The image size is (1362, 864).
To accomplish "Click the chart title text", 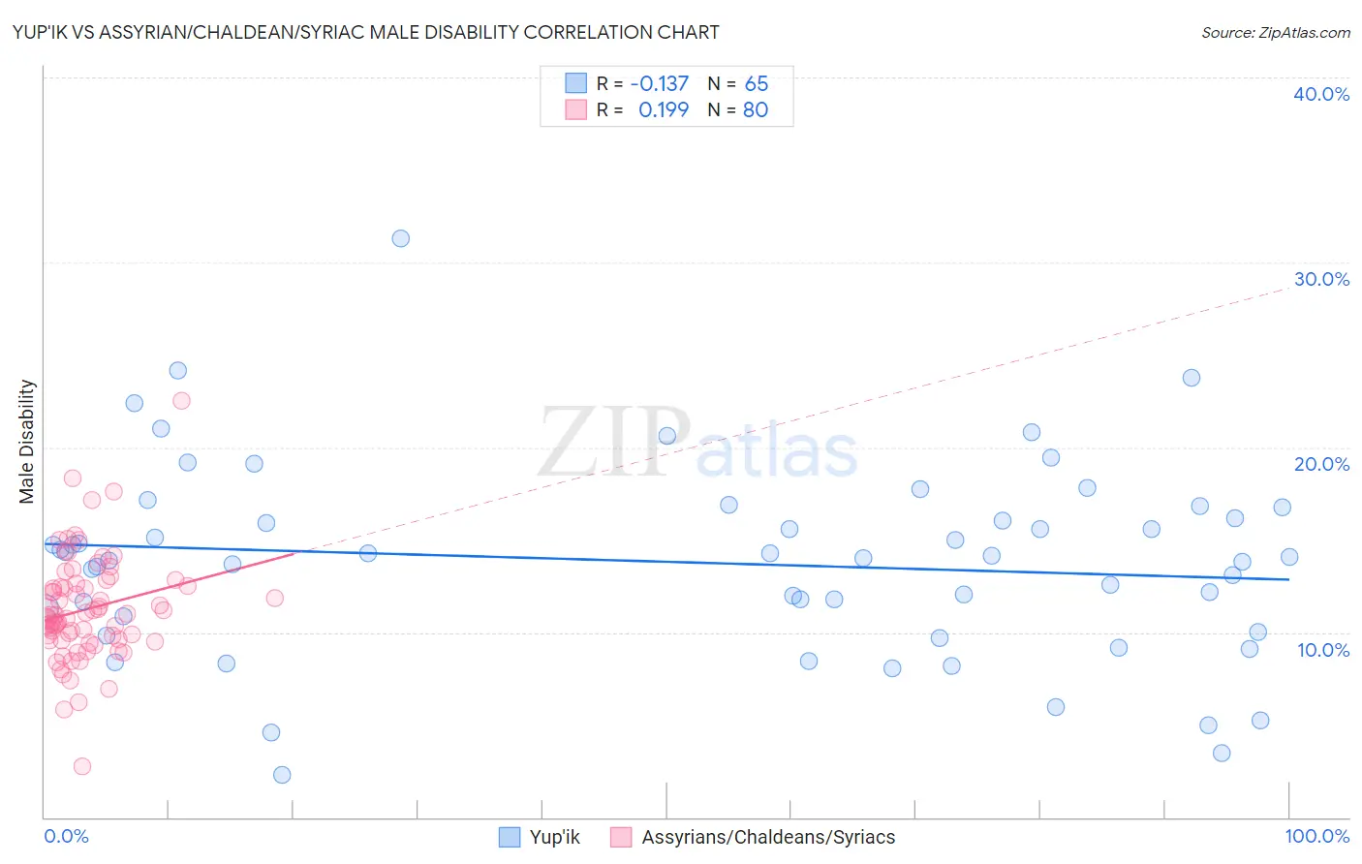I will click(x=365, y=32).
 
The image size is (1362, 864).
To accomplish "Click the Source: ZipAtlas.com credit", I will click(x=1275, y=32).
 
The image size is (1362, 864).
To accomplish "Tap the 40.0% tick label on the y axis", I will click(x=1320, y=94).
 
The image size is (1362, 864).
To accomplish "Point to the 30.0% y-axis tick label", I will click(x=1320, y=279).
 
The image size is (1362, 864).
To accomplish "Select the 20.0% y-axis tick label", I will click(x=1320, y=464).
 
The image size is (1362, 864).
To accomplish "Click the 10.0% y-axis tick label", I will click(x=1322, y=650).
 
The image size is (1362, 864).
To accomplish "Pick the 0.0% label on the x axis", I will click(x=66, y=836).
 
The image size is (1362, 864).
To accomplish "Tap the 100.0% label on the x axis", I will click(x=1316, y=836).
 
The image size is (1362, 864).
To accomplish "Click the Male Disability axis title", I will click(x=27, y=441).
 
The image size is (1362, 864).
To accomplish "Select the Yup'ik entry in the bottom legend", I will click(x=554, y=837).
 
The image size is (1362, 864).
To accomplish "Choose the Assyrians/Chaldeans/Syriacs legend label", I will click(x=768, y=837).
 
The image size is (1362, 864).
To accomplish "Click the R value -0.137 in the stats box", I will click(x=659, y=83).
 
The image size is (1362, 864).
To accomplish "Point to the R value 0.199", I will click(x=664, y=109).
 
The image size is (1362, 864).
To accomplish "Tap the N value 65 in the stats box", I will click(x=756, y=83).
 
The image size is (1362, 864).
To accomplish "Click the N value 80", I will click(x=756, y=109).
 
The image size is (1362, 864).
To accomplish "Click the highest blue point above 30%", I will click(x=400, y=238).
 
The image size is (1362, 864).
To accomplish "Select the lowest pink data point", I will click(x=82, y=766).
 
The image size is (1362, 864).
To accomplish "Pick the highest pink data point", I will click(x=181, y=400).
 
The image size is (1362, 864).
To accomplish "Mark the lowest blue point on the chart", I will click(x=282, y=774).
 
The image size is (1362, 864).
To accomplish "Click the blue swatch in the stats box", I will click(x=576, y=83).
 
